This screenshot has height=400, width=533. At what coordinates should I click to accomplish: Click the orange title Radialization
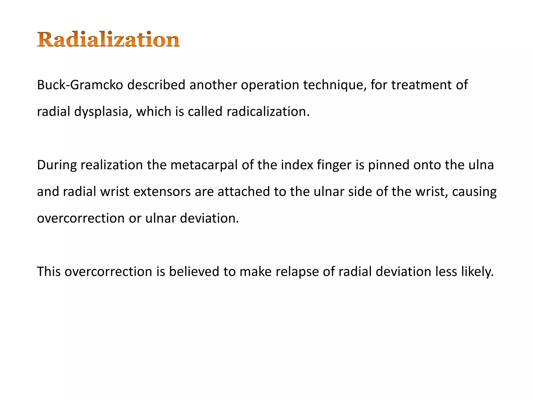pos(109,39)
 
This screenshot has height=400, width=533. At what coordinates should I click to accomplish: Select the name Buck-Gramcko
pos(80,85)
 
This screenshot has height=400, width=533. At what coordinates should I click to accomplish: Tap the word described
pos(156,85)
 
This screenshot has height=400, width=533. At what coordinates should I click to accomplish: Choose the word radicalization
pos(268,112)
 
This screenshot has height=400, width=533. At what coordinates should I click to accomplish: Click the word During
pos(57,165)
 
